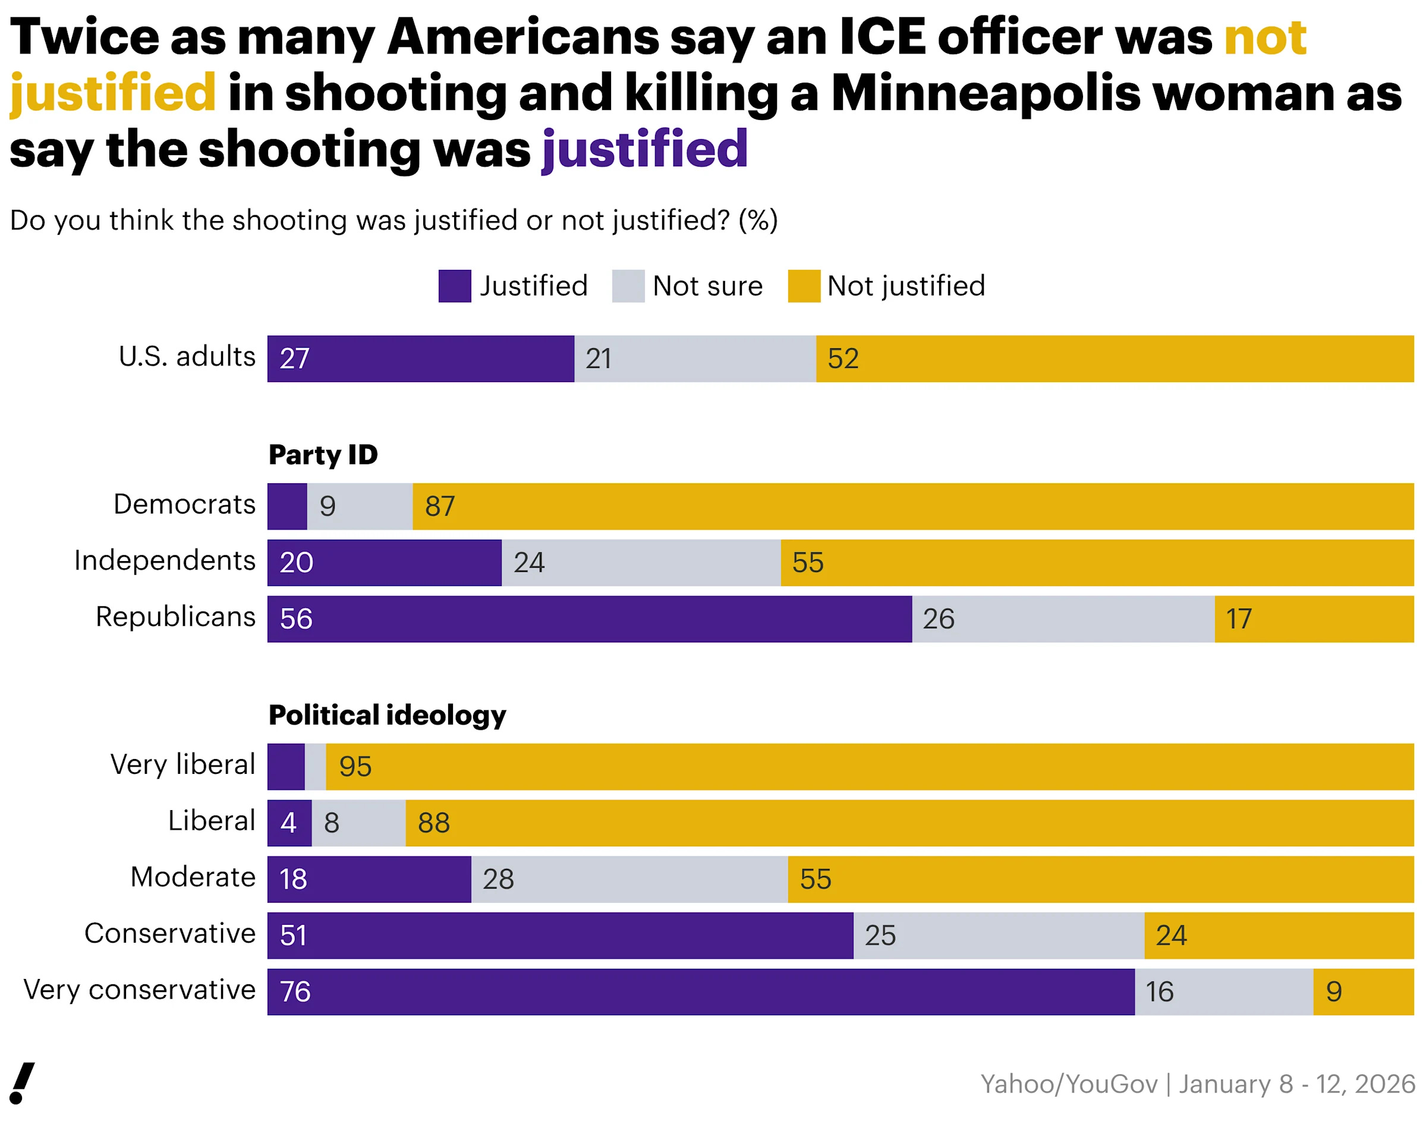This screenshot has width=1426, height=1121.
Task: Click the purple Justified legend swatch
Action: [x=454, y=286]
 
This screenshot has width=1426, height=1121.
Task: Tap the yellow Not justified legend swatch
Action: [x=803, y=286]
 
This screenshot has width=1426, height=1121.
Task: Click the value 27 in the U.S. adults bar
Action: [x=294, y=359]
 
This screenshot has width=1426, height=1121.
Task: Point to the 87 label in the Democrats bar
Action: [x=440, y=506]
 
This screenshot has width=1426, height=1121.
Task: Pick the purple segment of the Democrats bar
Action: [x=287, y=506]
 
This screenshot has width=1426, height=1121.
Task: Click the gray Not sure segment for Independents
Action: [x=641, y=562]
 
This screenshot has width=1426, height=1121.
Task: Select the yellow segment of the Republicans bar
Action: [x=1313, y=619]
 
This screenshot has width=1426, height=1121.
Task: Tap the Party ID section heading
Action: [x=323, y=455]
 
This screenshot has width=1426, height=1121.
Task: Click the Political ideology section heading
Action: [x=387, y=714]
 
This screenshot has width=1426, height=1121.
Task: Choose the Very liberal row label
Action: [x=182, y=764]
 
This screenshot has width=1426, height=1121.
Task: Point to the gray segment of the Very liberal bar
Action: [x=315, y=767]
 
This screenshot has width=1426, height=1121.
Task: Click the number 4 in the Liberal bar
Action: [x=289, y=823]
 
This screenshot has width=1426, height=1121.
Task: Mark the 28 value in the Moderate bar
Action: [x=498, y=880]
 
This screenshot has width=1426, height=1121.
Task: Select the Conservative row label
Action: [x=170, y=933]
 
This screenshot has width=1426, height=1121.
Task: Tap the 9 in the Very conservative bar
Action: [x=1333, y=991]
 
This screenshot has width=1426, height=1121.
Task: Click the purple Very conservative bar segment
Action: [x=700, y=991]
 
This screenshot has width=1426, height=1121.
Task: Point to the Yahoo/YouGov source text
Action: [x=1197, y=1084]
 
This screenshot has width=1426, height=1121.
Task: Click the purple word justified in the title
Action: [x=644, y=150]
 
